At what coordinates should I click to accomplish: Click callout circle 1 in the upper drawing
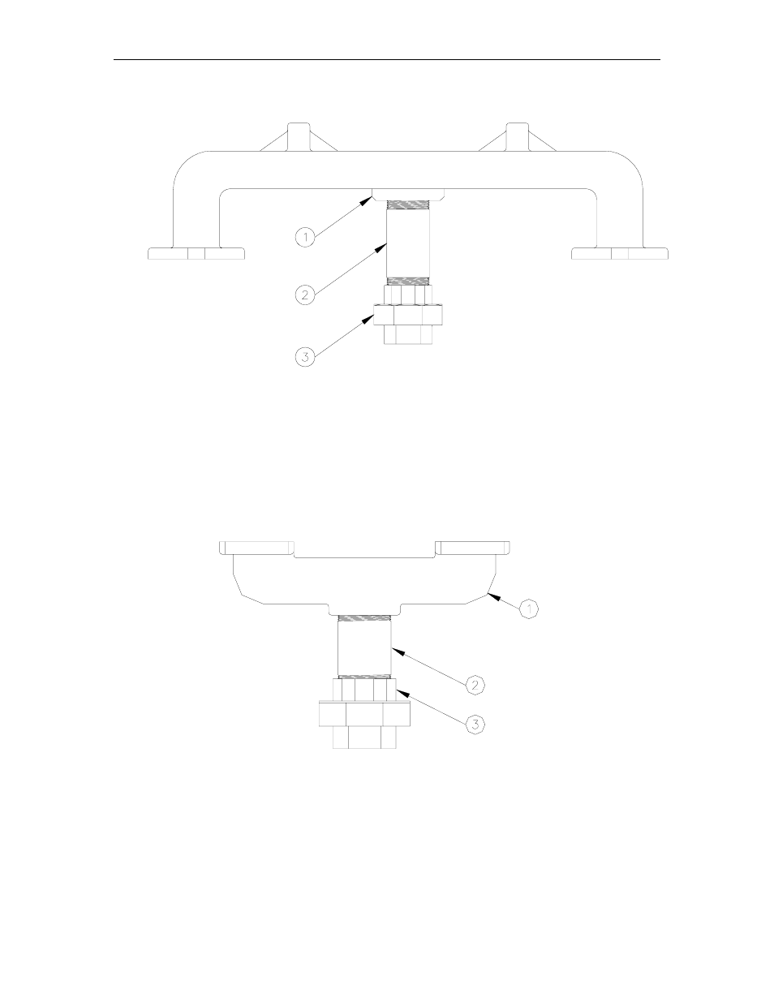[x=304, y=236]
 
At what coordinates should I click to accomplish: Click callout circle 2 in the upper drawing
[x=304, y=295]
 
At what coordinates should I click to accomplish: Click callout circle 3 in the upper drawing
[x=304, y=356]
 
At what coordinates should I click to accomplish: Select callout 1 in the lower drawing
[x=528, y=607]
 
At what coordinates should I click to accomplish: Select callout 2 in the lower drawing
[x=476, y=685]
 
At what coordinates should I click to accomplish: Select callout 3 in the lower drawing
[x=476, y=725]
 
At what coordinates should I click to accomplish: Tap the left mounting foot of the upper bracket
[x=196, y=253]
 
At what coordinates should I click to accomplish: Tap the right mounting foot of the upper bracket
[x=620, y=253]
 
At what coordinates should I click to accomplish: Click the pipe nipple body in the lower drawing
[x=364, y=646]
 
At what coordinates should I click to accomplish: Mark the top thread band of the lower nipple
[x=364, y=619]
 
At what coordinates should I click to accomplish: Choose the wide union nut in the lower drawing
[x=364, y=713]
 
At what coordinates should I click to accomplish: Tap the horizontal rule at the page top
[x=387, y=59]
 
